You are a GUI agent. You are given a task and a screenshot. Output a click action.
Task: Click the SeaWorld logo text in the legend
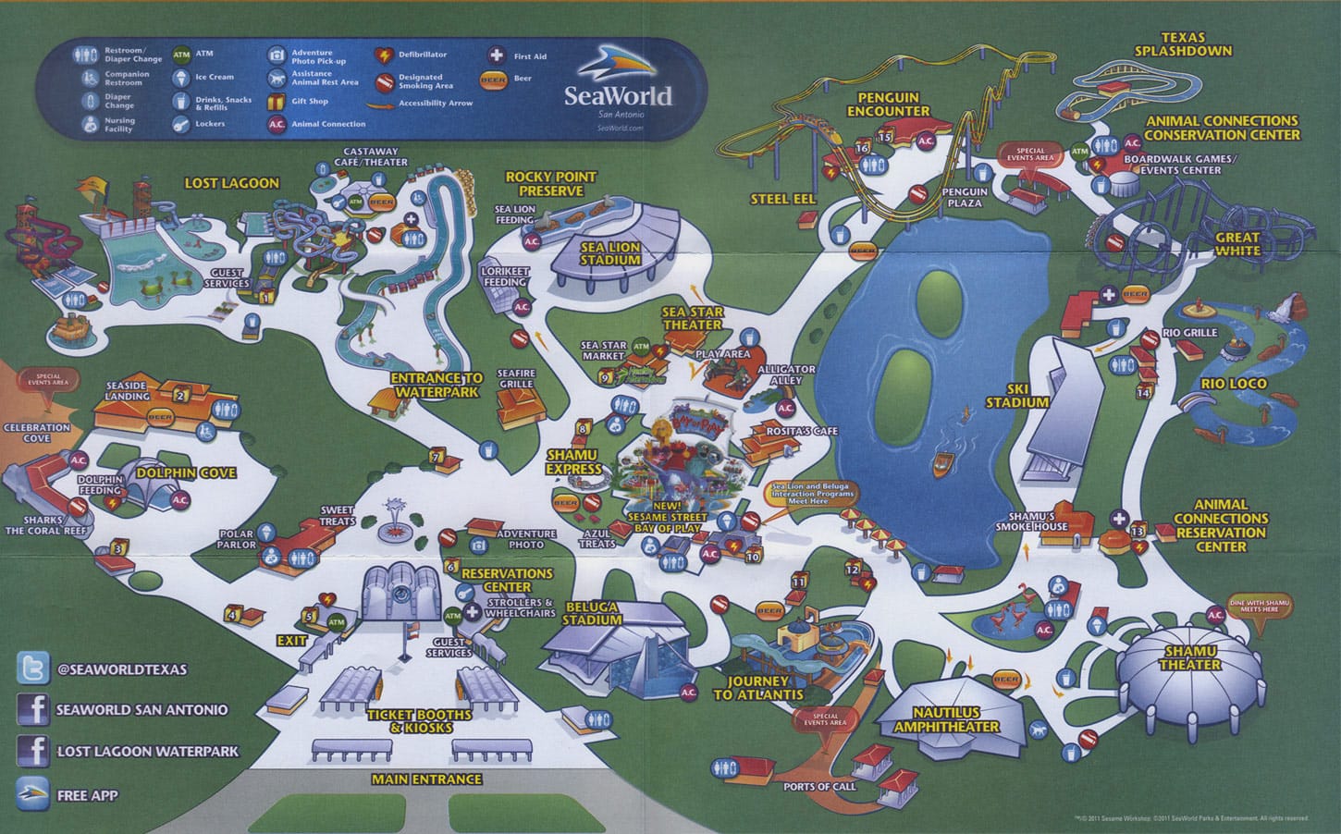click(x=618, y=95)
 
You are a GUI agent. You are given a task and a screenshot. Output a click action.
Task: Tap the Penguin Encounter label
click(x=888, y=104)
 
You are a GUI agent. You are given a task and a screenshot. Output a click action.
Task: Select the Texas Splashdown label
click(x=1184, y=43)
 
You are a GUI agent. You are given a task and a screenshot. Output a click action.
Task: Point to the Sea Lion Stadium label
click(x=610, y=254)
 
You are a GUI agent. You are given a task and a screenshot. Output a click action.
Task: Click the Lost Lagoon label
click(x=231, y=183)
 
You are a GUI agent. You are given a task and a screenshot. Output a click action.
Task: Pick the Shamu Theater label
click(x=1189, y=657)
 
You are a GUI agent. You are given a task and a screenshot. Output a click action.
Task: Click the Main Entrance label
click(x=426, y=779)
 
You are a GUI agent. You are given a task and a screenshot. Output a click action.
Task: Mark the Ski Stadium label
click(x=1016, y=396)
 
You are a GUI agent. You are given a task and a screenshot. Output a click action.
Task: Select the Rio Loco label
click(x=1234, y=384)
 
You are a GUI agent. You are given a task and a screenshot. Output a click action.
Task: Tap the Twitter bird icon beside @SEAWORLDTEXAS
click(x=33, y=668)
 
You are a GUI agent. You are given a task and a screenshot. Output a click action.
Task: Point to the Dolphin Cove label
click(x=186, y=472)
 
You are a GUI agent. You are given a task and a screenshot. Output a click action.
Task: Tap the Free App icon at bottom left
click(x=33, y=793)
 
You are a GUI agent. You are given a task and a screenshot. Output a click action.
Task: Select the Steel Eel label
click(x=782, y=199)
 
